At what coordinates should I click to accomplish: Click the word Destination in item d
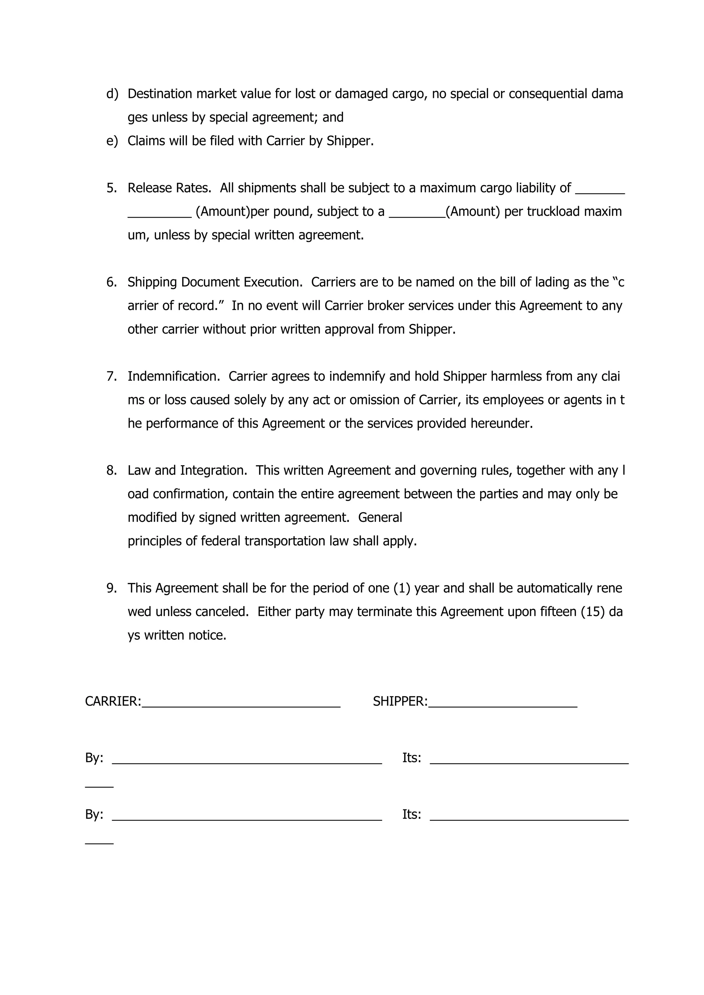[159, 93]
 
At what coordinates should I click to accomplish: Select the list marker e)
[112, 141]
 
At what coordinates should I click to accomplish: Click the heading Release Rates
[169, 188]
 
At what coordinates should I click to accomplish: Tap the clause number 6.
[111, 282]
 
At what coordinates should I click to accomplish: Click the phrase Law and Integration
[187, 470]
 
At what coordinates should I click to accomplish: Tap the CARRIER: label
[113, 701]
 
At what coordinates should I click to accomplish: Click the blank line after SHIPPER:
[503, 705]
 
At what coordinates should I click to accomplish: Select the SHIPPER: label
[400, 701]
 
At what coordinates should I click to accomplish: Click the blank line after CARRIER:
[241, 705]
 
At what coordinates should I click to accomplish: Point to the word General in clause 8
[380, 517]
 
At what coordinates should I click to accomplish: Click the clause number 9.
[111, 588]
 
